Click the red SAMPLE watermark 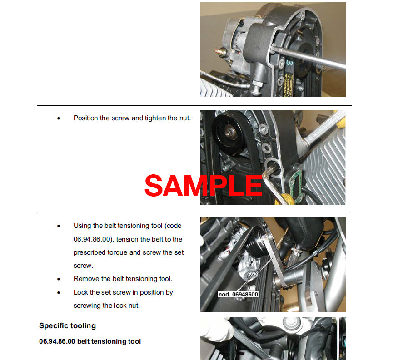[x=203, y=186]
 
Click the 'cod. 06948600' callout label [x=238, y=294]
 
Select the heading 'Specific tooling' [x=67, y=325]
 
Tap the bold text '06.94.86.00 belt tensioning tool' [x=90, y=341]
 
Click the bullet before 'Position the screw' [x=59, y=118]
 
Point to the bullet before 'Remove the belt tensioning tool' [x=59, y=279]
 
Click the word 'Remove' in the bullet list [x=86, y=279]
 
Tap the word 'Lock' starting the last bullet [x=81, y=292]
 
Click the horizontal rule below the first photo [x=194, y=106]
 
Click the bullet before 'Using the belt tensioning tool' [x=59, y=226]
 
